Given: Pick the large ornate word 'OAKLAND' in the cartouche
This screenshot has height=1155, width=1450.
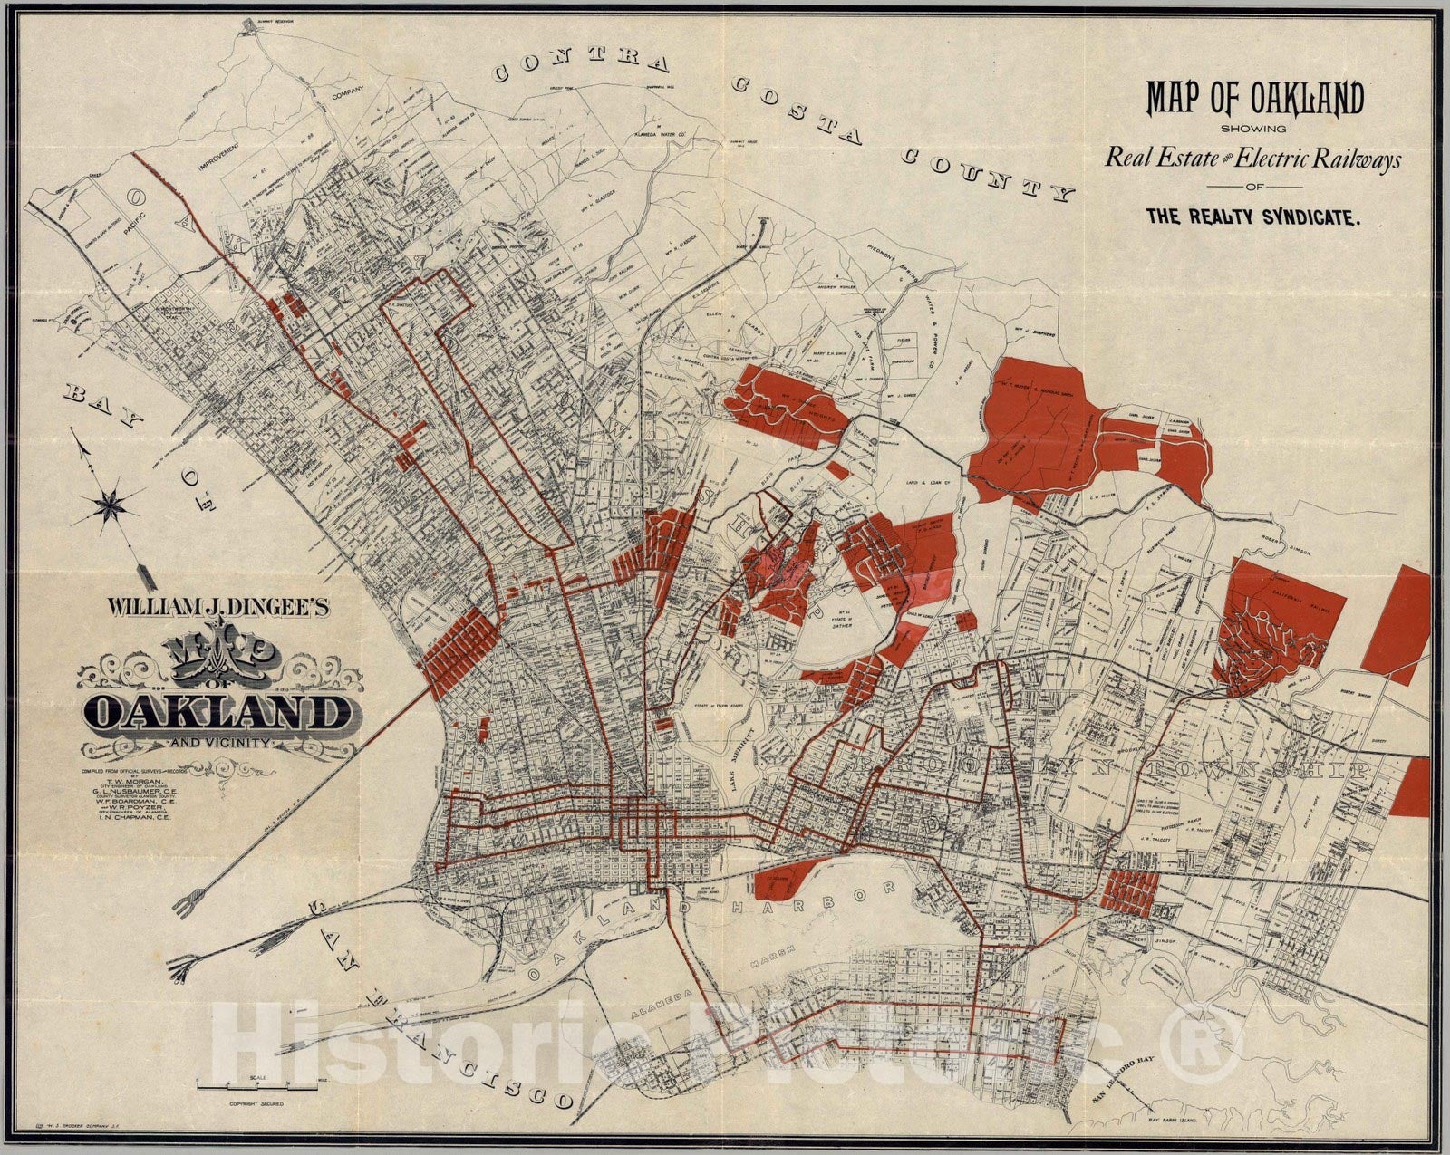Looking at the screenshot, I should click(217, 713).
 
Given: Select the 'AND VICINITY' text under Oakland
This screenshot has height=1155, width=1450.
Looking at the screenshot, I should click(217, 743).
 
